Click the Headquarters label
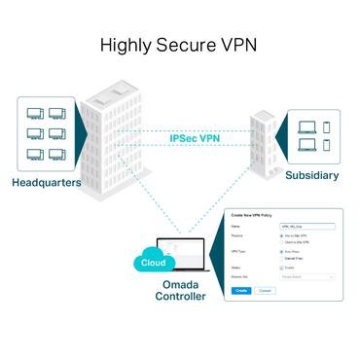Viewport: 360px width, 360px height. pyautogui.click(x=47, y=182)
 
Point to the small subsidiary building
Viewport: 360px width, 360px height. pyautogui.click(x=263, y=141)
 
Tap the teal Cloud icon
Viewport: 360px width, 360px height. pyautogui.click(x=153, y=263)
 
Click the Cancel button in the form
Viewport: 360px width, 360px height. pyautogui.click(x=265, y=290)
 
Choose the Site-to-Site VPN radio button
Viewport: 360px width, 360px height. pyautogui.click(x=282, y=235)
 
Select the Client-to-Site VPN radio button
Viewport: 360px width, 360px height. pyautogui.click(x=282, y=242)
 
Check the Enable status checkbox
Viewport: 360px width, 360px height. pyautogui.click(x=282, y=267)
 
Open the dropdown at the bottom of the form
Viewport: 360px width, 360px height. pyautogui.click(x=306, y=276)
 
